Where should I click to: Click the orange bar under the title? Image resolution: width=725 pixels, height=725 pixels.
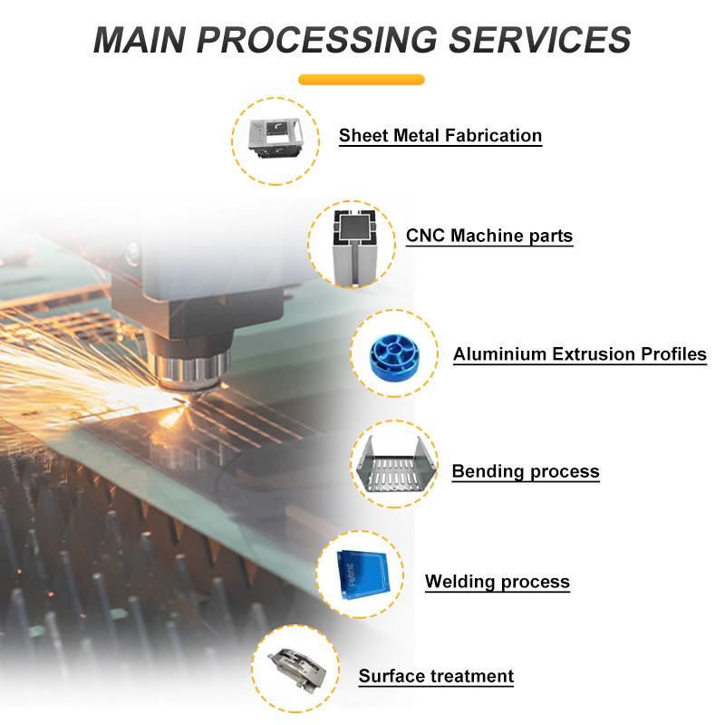point(362,80)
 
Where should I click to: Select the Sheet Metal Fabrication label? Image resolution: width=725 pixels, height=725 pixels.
point(440,136)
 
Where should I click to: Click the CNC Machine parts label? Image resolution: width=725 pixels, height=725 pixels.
point(489,236)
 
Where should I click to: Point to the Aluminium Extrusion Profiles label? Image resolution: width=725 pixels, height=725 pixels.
point(580,354)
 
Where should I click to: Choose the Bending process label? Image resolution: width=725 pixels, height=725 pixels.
point(526,471)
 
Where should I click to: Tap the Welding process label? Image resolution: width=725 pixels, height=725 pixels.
point(498,581)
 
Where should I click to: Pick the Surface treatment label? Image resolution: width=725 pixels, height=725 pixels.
point(436,676)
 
